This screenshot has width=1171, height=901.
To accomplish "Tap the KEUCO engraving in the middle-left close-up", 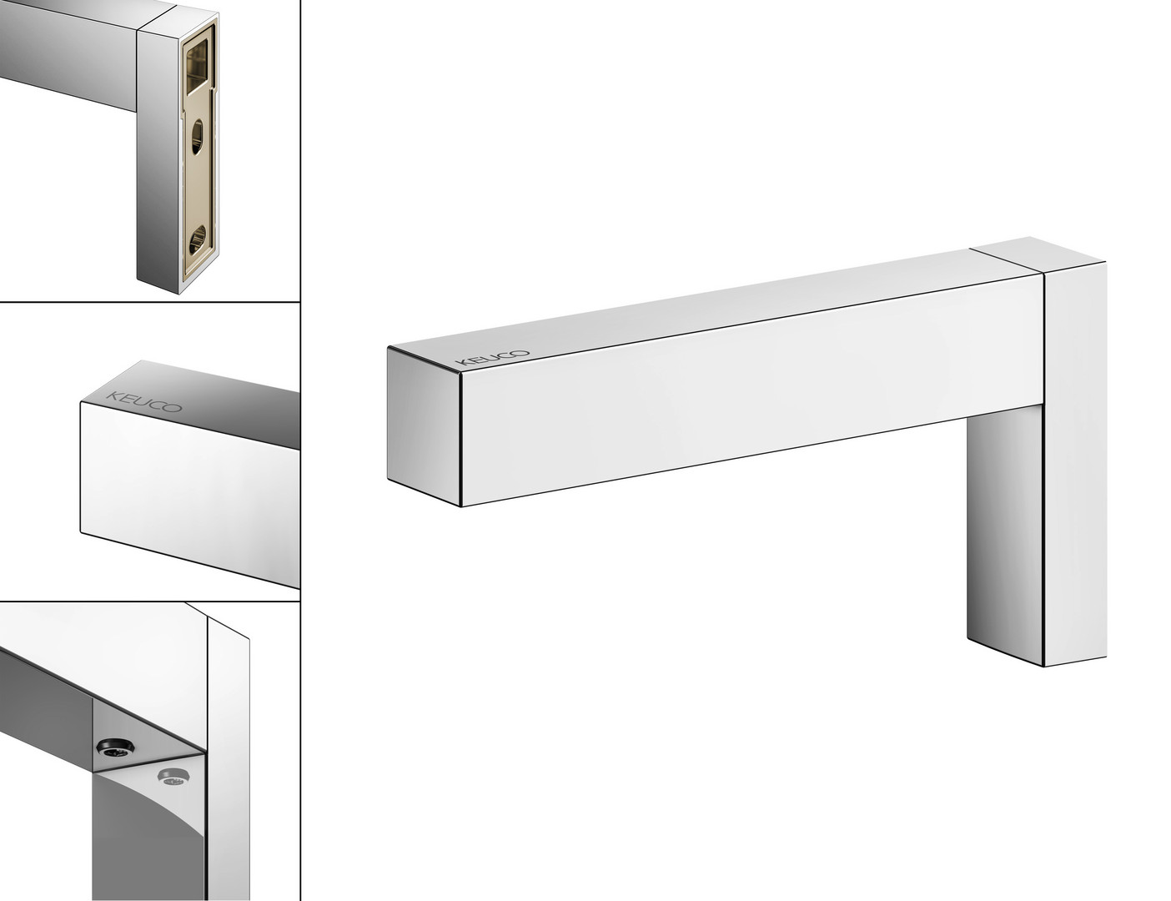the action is click(144, 401).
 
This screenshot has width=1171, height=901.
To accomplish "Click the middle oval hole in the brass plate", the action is click(197, 138).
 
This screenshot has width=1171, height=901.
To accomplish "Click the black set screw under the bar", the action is click(115, 747).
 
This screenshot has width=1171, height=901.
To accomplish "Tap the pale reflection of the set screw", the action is click(172, 777).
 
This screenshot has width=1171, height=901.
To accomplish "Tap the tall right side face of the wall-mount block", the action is click(1075, 464).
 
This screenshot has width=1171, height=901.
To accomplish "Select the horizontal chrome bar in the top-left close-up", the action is click(68, 54).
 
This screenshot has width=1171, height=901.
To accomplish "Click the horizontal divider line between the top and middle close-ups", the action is click(150, 302).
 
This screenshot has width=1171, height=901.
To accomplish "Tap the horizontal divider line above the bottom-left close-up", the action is click(150, 602).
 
